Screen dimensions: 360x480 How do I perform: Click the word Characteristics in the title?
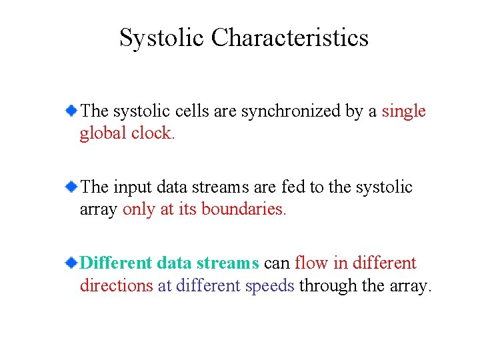click(290, 38)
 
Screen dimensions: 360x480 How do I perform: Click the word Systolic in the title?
click(162, 38)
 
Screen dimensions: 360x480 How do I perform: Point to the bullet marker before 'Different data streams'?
click(71, 263)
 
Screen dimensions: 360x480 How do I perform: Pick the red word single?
click(403, 111)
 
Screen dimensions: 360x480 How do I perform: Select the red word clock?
click(153, 133)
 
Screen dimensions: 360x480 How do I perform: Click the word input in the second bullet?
click(131, 187)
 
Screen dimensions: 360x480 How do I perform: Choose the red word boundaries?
click(244, 209)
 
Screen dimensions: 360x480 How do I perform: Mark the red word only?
click(138, 209)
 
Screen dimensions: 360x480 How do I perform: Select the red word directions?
click(116, 285)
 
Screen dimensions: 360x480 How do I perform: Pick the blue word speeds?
click(269, 285)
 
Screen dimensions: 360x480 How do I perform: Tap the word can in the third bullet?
click(277, 263)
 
